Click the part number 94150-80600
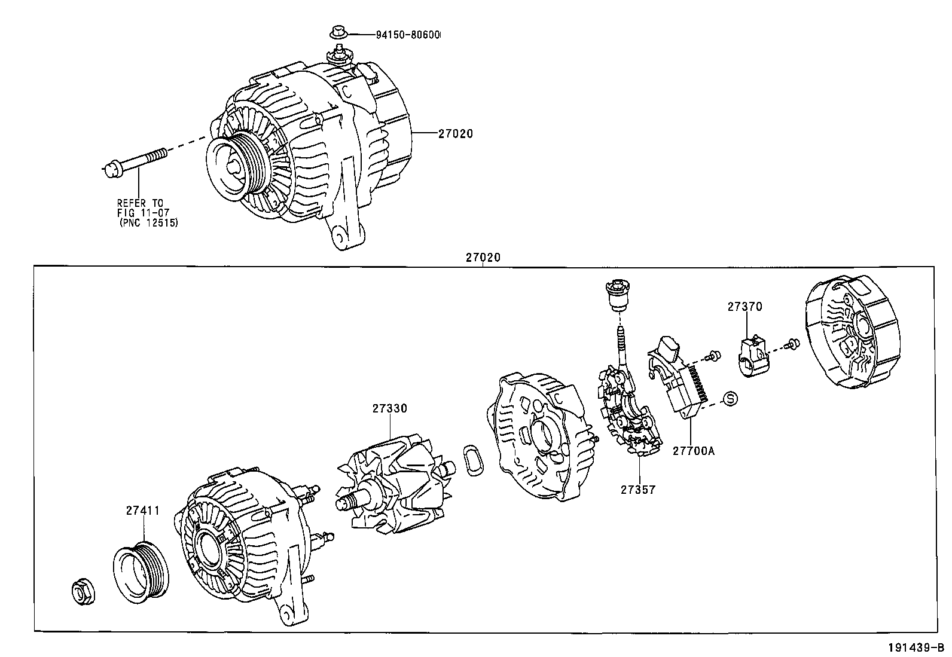(x=408, y=35)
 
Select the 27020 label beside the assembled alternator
(x=456, y=134)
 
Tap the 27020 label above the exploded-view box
(x=483, y=258)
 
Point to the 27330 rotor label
(x=390, y=408)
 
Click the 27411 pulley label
(x=143, y=511)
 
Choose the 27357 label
(x=638, y=490)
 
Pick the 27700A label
(x=694, y=451)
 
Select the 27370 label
(x=745, y=307)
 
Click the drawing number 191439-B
(x=917, y=647)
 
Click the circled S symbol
(x=731, y=398)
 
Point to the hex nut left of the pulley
(x=83, y=592)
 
